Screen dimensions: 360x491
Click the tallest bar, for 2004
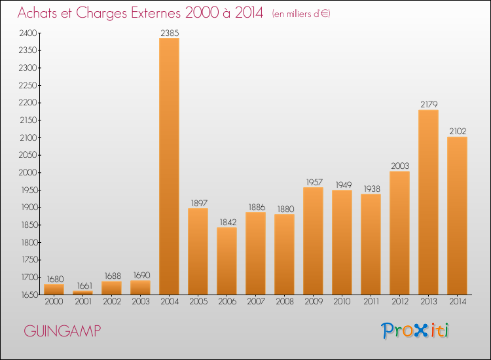tap(169, 166)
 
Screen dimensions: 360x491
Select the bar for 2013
tap(428, 202)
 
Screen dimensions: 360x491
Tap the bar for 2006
tap(227, 261)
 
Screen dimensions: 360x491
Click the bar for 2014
tap(457, 216)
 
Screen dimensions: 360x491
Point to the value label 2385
tap(169, 31)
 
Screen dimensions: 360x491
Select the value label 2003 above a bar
tap(399, 165)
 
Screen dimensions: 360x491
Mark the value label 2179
tap(428, 103)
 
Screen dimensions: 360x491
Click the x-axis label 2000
tap(54, 302)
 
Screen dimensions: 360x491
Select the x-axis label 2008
tap(284, 302)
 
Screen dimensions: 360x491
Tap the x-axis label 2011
tap(371, 302)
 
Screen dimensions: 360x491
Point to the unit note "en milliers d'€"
tap(301, 14)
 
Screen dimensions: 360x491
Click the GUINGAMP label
tap(63, 331)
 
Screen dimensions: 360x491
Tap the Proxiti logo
tap(415, 331)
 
